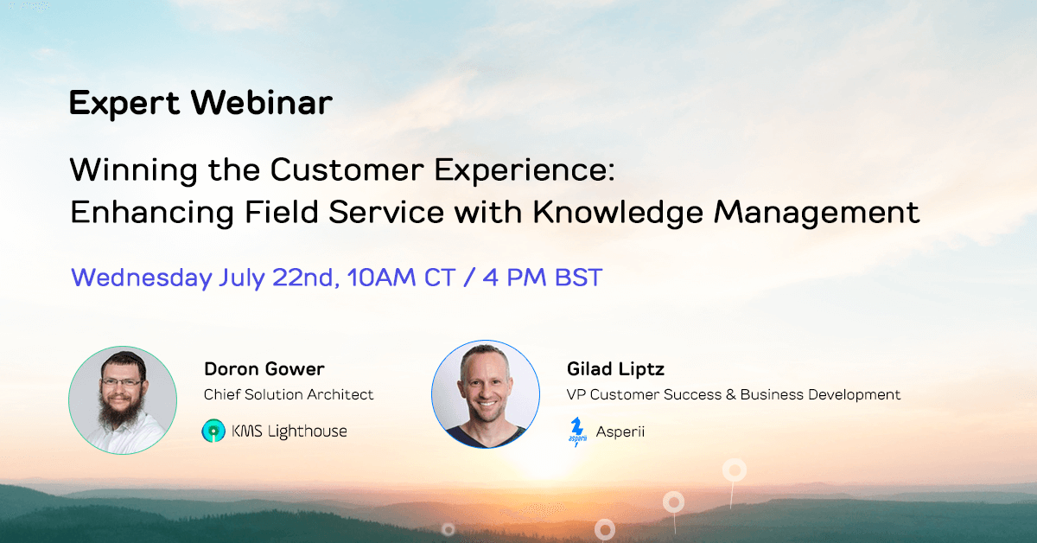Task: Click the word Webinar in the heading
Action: click(262, 102)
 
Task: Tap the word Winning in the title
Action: click(133, 171)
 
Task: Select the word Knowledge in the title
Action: click(618, 213)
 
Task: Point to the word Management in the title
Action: click(818, 213)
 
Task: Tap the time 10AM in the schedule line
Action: click(381, 278)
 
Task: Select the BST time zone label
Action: click(578, 278)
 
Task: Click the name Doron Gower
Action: click(264, 369)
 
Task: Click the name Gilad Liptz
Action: click(615, 369)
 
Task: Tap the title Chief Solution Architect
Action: click(289, 395)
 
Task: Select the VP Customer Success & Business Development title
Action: click(734, 395)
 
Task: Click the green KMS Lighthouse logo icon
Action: click(213, 431)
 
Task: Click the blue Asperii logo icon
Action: click(577, 431)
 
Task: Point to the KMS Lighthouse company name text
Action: click(289, 431)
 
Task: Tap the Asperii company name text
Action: click(620, 432)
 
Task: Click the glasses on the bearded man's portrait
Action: click(122, 383)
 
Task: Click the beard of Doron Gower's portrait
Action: click(120, 410)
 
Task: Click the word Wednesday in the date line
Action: click(141, 278)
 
